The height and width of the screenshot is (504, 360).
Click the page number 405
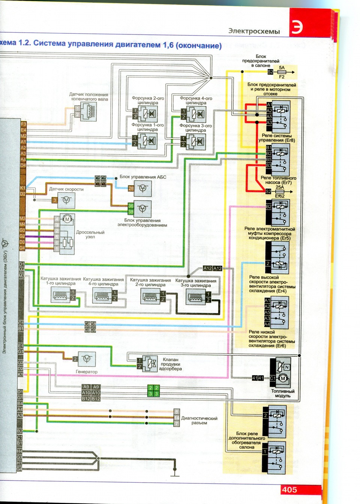(x=289, y=489)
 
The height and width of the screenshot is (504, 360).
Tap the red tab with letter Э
(x=297, y=27)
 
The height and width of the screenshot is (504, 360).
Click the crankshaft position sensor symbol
(x=88, y=111)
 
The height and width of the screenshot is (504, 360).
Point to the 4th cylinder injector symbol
(x=196, y=113)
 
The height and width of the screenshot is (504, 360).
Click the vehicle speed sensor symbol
(x=66, y=200)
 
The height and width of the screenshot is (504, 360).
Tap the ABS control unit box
(x=142, y=188)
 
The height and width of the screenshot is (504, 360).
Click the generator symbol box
(x=87, y=359)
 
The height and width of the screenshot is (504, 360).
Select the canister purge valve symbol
(x=149, y=363)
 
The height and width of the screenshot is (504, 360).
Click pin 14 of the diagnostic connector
(x=177, y=418)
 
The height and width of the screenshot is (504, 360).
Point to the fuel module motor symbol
(x=283, y=378)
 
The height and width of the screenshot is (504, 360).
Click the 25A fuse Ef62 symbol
(x=280, y=191)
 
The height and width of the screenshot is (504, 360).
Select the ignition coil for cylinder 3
(x=195, y=298)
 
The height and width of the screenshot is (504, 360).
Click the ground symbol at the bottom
(x=175, y=474)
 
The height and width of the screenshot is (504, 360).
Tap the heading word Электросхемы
(x=254, y=31)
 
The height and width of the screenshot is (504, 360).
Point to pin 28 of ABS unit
(x=131, y=188)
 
